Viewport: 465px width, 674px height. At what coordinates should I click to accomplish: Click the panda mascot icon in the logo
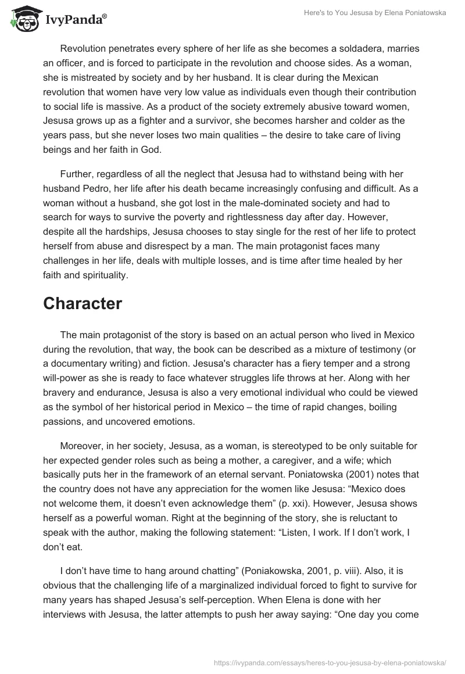(24, 18)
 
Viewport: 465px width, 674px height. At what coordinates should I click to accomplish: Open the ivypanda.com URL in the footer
(330, 662)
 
